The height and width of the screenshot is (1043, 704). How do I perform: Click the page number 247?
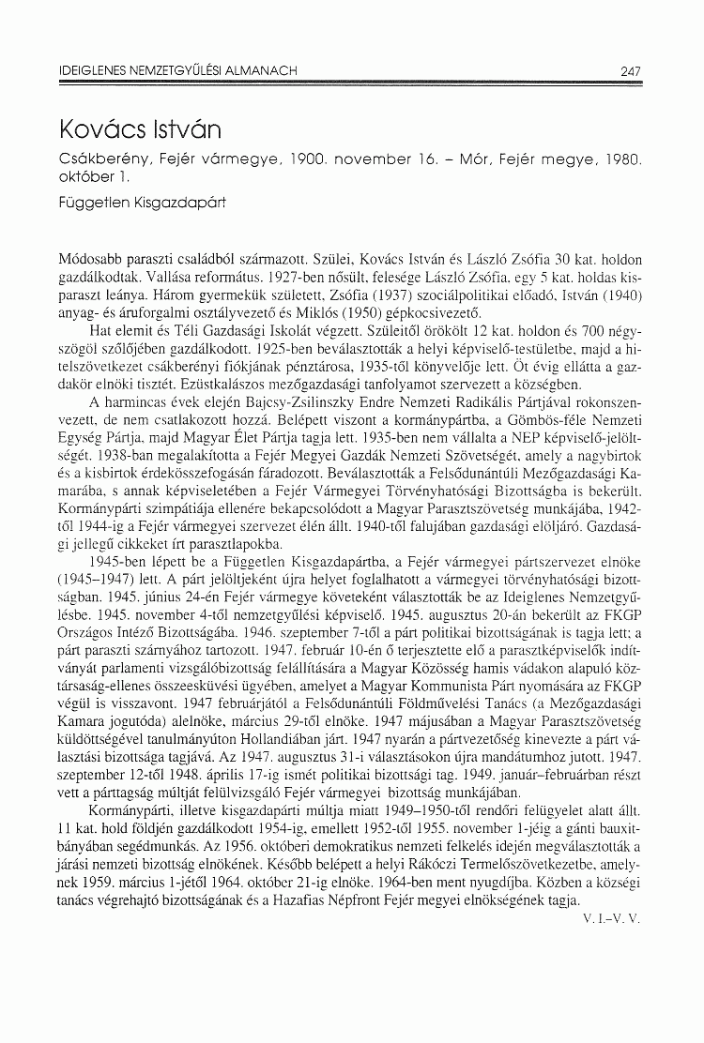(x=630, y=69)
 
